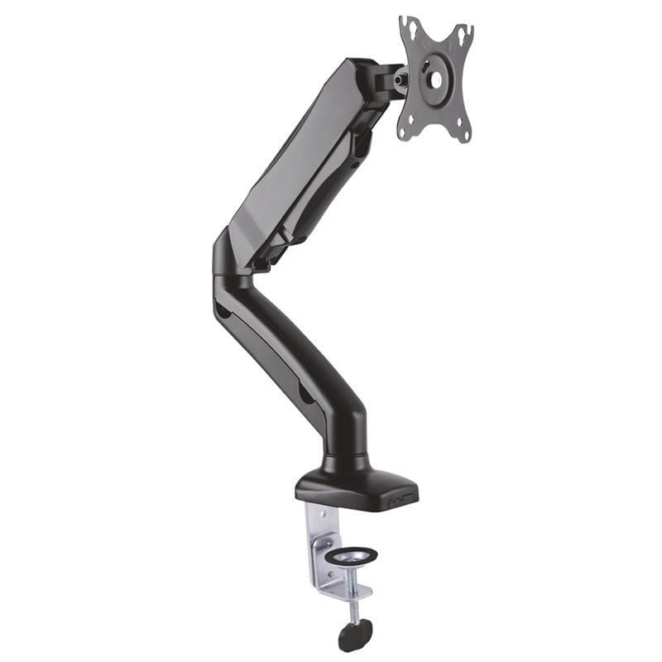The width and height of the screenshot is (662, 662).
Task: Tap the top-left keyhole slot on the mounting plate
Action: pos(407,26)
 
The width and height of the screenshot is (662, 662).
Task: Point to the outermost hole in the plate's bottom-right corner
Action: pos(465,133)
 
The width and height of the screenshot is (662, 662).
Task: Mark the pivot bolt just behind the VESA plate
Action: pos(401,79)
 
